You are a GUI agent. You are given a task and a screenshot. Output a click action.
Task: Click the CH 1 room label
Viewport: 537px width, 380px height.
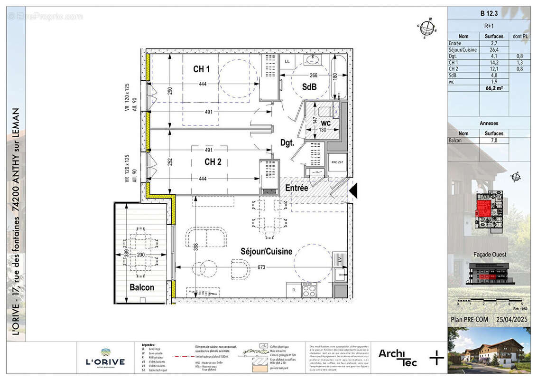(201, 69)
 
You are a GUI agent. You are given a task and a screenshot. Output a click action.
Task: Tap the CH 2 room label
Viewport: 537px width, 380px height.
(213, 162)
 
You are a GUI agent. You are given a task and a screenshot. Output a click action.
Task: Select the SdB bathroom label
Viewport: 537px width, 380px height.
(309, 86)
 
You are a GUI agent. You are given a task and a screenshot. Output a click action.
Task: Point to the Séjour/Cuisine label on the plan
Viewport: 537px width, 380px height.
(266, 252)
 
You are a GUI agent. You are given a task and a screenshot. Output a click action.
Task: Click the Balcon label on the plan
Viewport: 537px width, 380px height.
(142, 287)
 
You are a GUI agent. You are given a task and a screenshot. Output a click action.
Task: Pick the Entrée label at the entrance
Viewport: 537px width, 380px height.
(296, 189)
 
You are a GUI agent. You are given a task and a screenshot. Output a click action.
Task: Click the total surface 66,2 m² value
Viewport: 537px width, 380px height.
(494, 88)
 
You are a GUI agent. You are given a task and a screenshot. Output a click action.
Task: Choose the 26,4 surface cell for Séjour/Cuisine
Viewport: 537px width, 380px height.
(494, 49)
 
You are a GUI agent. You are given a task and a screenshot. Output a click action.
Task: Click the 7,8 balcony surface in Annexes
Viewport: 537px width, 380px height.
(494, 141)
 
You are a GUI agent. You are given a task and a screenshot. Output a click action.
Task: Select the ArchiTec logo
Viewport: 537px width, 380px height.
(398, 357)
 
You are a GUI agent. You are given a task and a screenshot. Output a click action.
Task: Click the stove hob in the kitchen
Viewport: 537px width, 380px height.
(309, 289)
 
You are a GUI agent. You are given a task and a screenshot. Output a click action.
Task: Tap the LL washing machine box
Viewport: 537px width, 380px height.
(287, 62)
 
